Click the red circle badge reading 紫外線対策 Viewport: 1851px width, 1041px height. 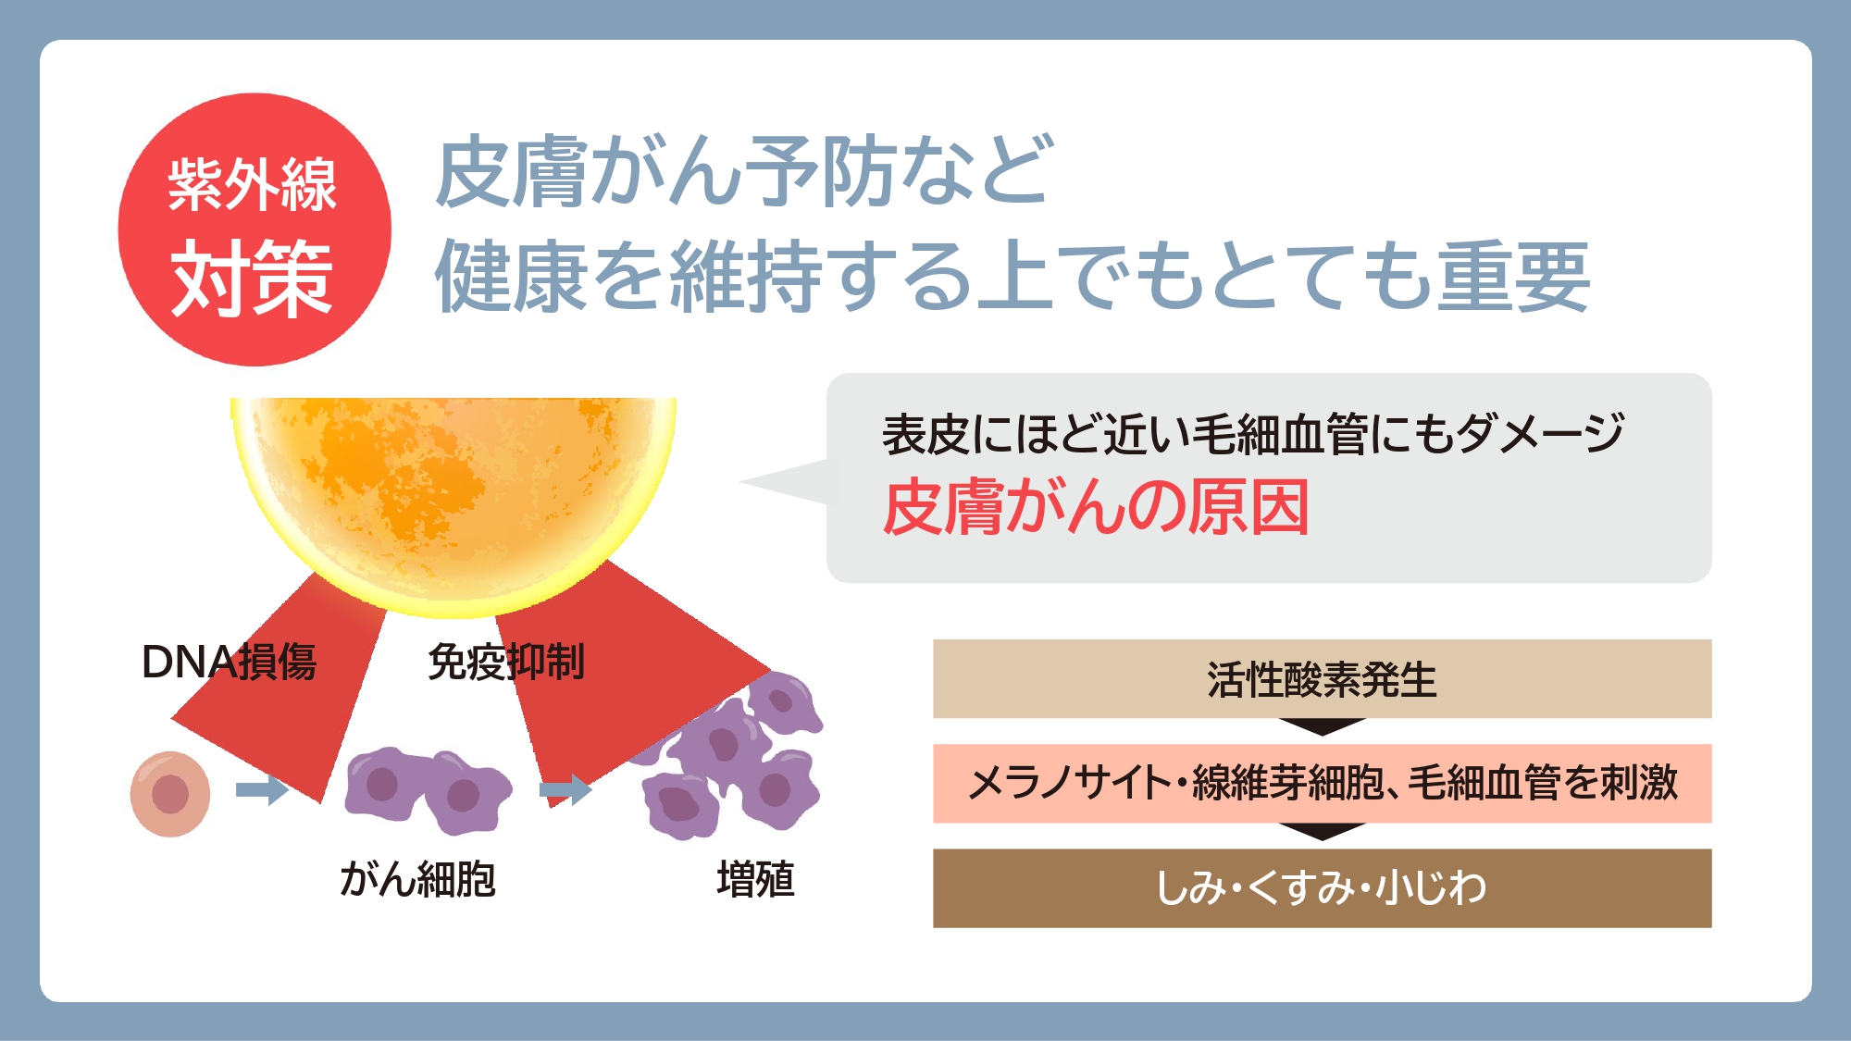[255, 229]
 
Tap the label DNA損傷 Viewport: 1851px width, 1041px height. [229, 663]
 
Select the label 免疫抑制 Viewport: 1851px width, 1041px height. [506, 663]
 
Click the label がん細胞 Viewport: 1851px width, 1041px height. [417, 879]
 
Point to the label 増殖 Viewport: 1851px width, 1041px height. [755, 879]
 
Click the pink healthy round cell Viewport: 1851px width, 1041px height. [170, 794]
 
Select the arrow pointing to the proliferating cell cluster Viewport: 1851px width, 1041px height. [565, 789]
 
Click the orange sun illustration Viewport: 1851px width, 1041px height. [453, 500]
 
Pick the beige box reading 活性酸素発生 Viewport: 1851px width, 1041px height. [1322, 678]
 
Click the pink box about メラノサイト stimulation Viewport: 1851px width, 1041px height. [1322, 783]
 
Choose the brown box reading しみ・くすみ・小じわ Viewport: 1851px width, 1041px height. [1322, 888]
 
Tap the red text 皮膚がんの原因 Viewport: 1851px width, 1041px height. [1096, 507]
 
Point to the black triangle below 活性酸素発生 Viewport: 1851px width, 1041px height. [1323, 726]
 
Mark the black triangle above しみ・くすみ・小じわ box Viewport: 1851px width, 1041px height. [1323, 831]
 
